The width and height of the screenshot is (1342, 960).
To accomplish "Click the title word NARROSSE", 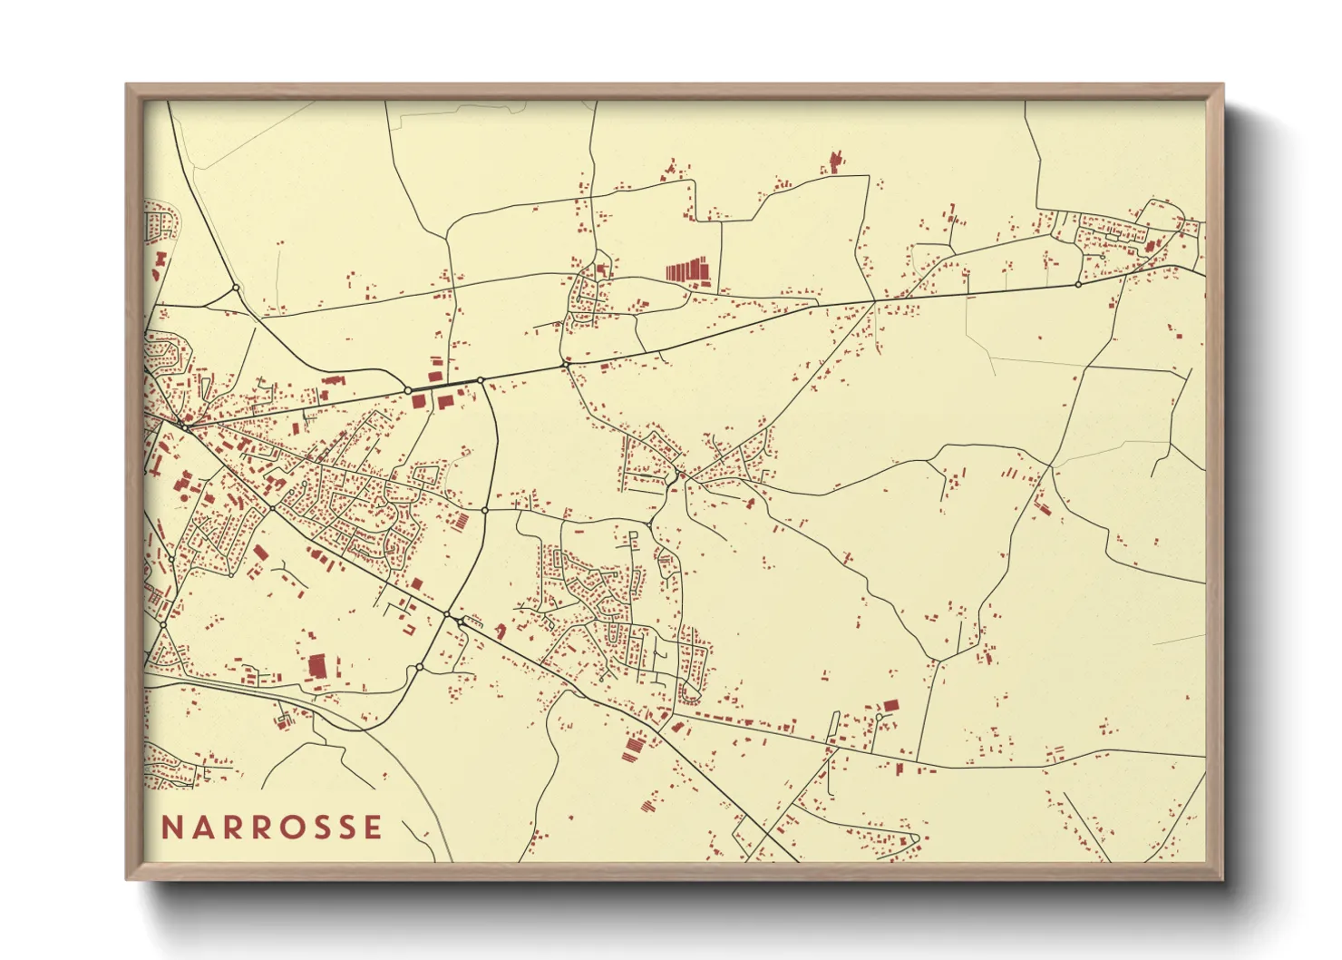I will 272,828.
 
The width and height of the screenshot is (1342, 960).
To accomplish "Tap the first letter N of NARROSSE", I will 170,828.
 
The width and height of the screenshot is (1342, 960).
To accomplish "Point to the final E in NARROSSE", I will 373,828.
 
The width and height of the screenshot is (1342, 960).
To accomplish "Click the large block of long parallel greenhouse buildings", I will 686,270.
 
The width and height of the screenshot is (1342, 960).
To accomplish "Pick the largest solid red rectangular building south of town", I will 316,667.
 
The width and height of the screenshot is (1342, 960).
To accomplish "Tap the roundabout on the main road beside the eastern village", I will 1078,285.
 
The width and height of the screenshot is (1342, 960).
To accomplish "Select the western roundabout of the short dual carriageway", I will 409,390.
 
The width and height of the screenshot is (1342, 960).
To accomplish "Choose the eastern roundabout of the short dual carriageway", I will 481,380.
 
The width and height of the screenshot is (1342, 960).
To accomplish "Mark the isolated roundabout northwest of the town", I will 236,288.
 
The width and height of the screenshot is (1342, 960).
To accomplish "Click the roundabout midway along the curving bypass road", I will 485,511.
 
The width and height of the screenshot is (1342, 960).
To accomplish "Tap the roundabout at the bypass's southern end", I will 419,668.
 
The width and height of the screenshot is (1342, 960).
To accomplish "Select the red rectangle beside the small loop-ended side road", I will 890,705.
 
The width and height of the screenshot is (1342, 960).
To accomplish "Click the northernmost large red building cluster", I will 834,164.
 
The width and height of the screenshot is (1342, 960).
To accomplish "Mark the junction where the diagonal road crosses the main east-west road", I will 874,301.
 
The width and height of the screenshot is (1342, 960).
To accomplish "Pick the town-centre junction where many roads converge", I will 185,426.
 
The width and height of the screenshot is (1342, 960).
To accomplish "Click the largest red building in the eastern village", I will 1150,246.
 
